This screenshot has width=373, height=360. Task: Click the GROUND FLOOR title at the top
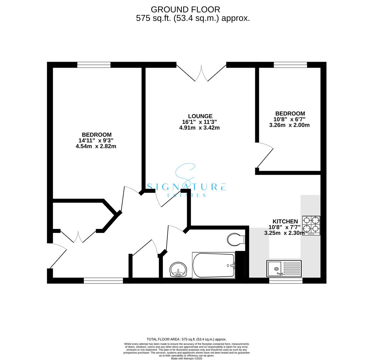185,10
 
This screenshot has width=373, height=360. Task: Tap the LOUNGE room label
200,116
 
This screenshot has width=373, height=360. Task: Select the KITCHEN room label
285,221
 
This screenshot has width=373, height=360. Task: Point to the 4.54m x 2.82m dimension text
96,146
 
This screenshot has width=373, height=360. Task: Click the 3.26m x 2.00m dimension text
289,125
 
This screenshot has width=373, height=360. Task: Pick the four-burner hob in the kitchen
311,225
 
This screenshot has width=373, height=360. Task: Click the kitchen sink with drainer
284,269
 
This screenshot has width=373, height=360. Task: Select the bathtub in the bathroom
214,265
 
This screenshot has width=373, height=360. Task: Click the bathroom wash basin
178,269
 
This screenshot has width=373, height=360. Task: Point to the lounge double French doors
201,73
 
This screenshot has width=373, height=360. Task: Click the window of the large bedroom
94,65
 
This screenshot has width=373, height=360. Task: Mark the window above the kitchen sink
286,281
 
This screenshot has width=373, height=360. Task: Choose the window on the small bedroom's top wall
290,65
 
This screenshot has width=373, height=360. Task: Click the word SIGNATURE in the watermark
186,187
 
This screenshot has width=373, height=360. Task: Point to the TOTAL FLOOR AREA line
186,339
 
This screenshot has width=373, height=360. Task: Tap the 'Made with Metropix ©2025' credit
186,358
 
